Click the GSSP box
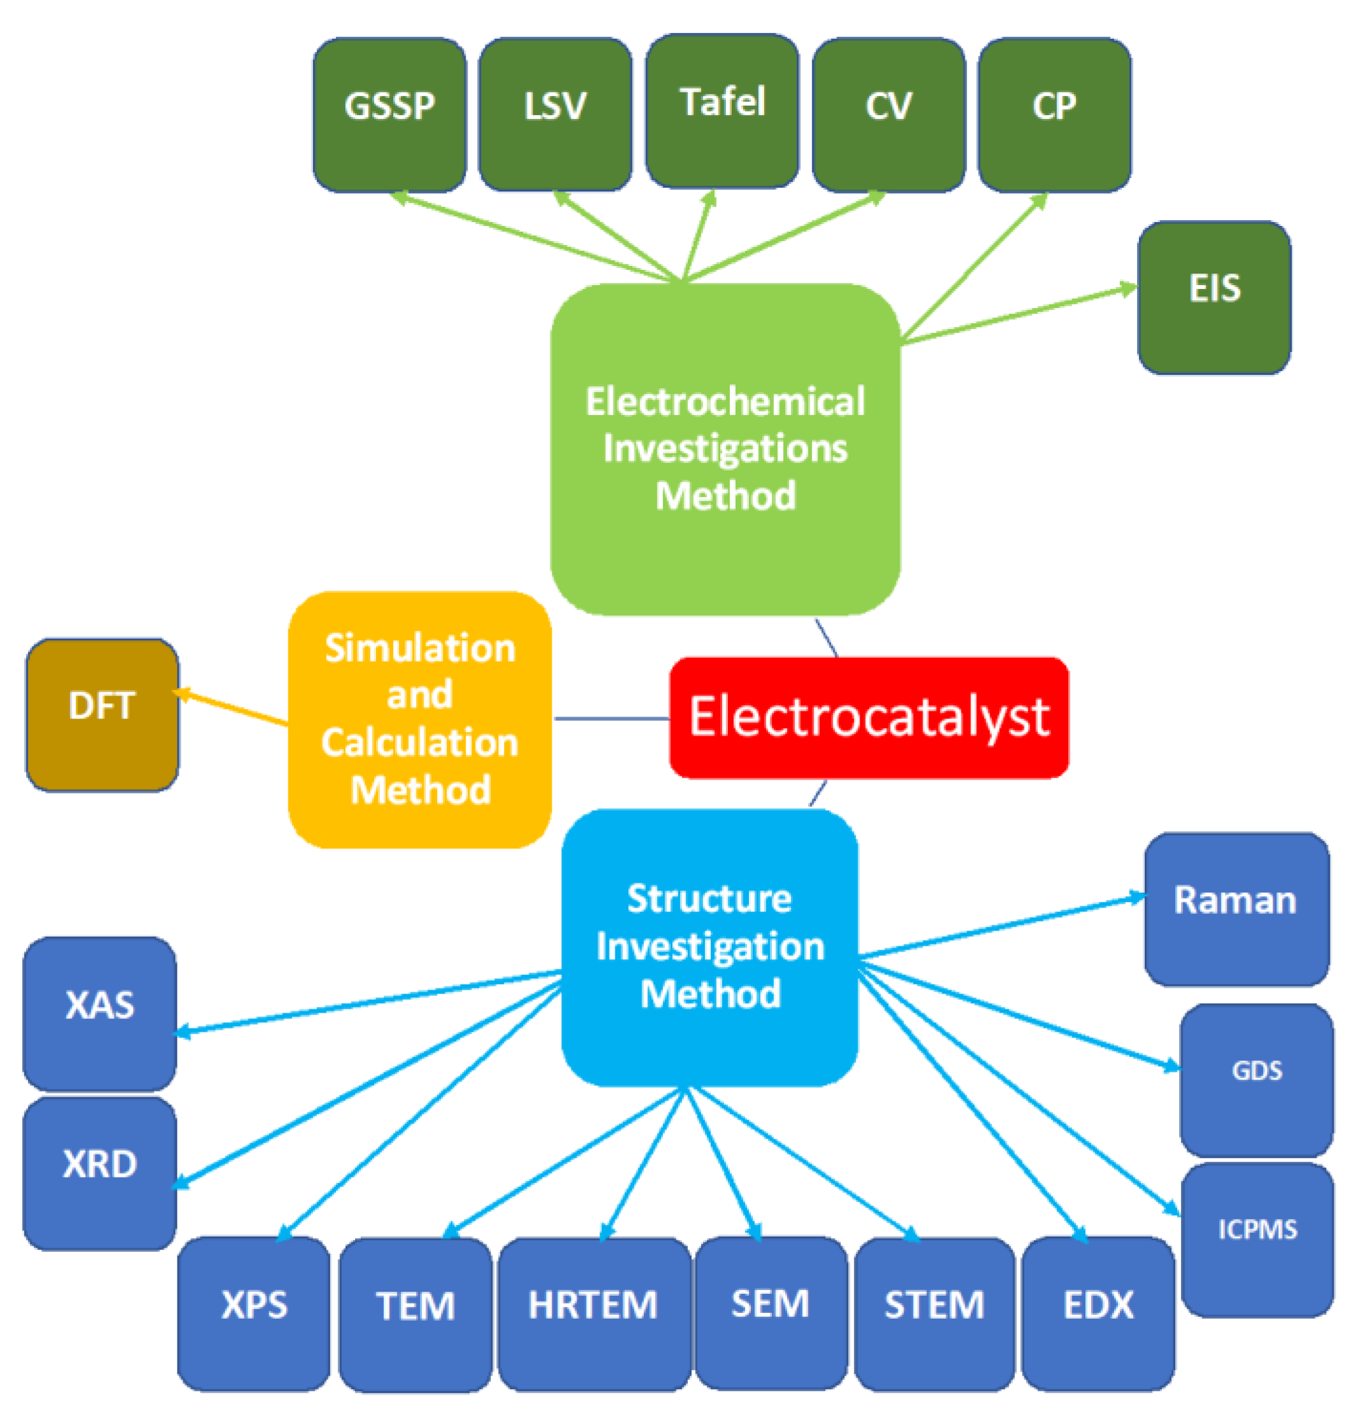(x=389, y=115)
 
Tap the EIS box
(x=1214, y=297)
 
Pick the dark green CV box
(x=888, y=115)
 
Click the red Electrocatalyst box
(x=869, y=717)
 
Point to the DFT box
(x=102, y=715)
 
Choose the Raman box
(x=1236, y=908)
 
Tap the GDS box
(x=1257, y=1079)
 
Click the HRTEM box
(x=594, y=1313)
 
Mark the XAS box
(x=99, y=1013)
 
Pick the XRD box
(x=99, y=1172)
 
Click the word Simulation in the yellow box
(x=420, y=648)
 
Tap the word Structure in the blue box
(x=709, y=899)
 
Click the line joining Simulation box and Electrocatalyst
(x=611, y=719)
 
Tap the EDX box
(x=1098, y=1313)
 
